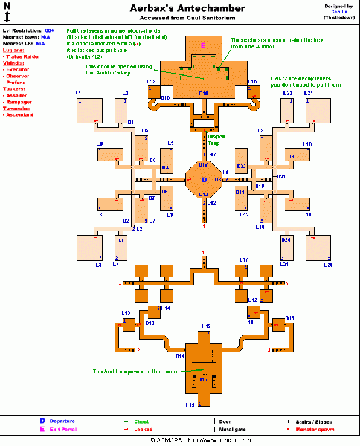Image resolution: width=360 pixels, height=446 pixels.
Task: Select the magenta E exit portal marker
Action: tap(203, 45)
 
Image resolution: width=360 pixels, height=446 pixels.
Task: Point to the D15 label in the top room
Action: tap(202, 93)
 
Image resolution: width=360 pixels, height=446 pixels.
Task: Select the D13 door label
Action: tap(150, 323)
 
